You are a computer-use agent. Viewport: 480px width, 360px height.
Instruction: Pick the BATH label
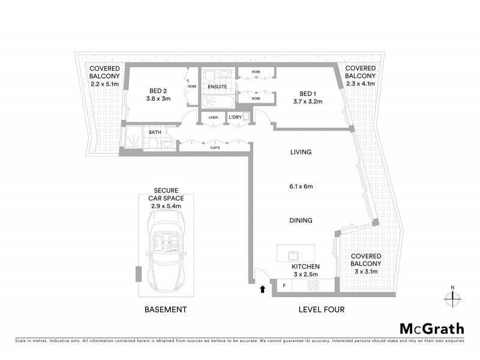[x=155, y=131]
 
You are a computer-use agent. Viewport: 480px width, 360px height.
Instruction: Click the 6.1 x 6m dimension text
[x=301, y=187]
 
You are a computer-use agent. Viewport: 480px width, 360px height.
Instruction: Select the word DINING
[x=301, y=221]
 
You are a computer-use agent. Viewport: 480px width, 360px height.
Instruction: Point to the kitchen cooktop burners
[x=313, y=286]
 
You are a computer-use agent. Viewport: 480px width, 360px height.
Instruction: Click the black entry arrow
[x=262, y=290]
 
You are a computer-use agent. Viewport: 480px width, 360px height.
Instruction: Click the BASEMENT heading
[x=166, y=310]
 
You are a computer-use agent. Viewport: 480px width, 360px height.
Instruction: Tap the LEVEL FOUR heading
[x=321, y=310]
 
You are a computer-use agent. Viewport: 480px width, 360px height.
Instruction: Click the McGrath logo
[x=432, y=328]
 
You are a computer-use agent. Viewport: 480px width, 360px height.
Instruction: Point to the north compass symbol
[x=452, y=296]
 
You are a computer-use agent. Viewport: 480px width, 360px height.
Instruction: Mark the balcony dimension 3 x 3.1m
[x=366, y=271]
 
